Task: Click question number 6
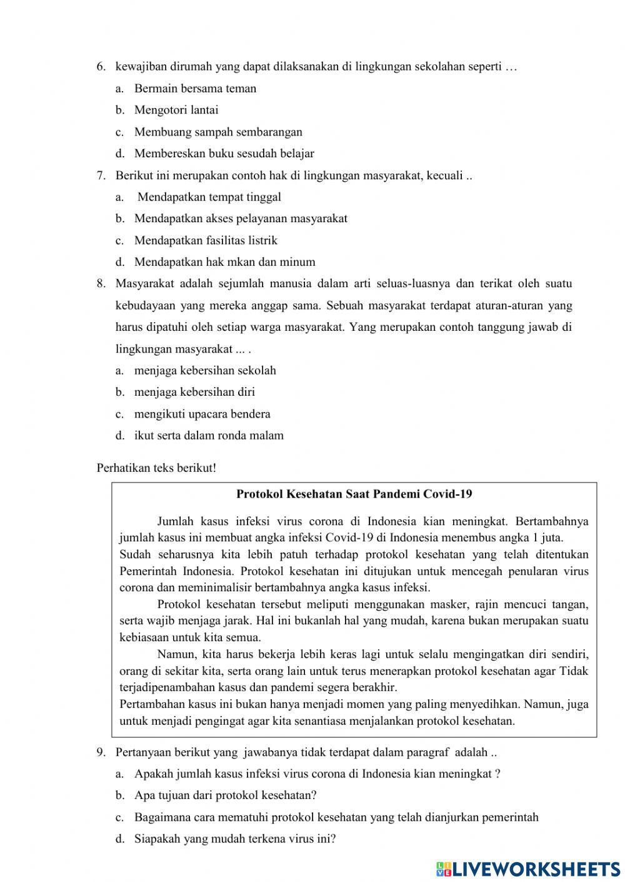click(101, 67)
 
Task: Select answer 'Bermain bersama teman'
click(195, 89)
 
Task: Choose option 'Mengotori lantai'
click(176, 110)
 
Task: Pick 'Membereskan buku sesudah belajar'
click(224, 154)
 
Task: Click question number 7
click(101, 175)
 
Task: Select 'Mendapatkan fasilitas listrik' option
click(206, 240)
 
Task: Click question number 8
click(101, 284)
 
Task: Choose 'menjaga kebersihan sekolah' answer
click(205, 371)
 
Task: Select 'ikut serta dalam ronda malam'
click(209, 436)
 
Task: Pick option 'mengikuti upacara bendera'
click(202, 414)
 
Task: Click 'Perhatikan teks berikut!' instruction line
click(156, 468)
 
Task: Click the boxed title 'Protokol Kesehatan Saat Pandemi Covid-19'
click(354, 494)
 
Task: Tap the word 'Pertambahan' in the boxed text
click(149, 705)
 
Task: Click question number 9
click(101, 753)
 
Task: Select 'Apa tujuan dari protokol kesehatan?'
click(225, 796)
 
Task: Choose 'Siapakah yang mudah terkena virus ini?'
click(235, 839)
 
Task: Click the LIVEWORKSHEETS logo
click(527, 868)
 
